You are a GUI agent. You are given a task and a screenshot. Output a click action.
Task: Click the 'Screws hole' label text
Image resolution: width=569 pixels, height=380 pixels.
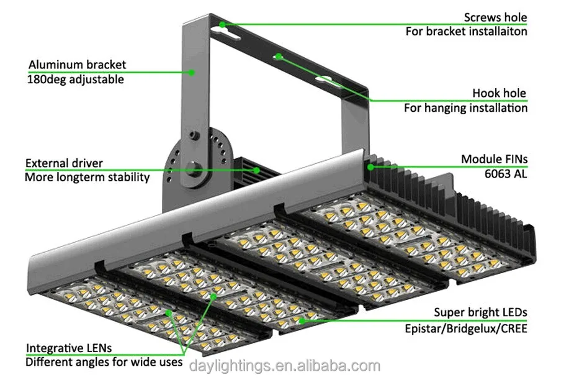pos(495,17)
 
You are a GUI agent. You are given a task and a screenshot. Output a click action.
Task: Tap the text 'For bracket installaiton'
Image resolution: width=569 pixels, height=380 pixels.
pos(467,31)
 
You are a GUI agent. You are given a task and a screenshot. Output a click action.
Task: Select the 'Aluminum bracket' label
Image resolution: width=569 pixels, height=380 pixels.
pos(77,65)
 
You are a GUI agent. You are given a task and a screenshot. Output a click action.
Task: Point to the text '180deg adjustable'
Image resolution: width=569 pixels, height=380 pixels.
pos(76,79)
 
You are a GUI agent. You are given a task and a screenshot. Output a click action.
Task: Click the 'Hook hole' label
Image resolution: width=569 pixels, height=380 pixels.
pos(499,94)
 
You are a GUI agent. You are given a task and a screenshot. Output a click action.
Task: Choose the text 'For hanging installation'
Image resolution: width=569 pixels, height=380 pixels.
pos(466,108)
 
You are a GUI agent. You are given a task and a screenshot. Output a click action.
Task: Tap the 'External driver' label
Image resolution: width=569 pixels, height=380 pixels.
pos(64,163)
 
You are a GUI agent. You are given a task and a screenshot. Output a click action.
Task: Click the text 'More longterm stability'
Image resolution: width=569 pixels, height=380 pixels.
pos(87,178)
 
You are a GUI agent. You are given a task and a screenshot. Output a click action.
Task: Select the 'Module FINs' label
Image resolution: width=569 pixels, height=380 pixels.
pos(494,160)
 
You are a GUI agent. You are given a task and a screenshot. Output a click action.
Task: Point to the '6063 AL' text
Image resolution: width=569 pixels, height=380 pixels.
pos(507,174)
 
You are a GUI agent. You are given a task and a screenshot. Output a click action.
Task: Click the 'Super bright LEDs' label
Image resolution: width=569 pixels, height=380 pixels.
pos(480,312)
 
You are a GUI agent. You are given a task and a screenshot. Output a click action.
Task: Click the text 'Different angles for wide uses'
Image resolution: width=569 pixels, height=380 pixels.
pos(104,361)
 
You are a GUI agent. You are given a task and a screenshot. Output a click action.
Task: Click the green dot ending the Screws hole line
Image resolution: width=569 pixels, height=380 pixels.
pos(222,25)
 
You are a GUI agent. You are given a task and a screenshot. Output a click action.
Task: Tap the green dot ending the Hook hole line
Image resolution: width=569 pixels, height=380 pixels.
pos(279,57)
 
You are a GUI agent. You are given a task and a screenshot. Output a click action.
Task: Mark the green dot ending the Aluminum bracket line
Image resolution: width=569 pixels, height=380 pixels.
pos(192,73)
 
